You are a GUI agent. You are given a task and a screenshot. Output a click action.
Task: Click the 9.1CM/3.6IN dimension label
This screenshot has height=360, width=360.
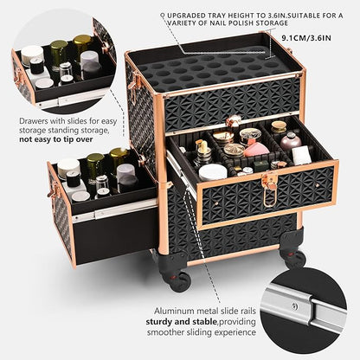[x=306, y=37]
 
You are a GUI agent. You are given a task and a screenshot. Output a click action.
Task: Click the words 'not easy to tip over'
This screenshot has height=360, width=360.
[x=56, y=139]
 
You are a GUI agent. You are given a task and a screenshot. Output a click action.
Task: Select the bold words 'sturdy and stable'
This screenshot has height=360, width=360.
[x=181, y=321]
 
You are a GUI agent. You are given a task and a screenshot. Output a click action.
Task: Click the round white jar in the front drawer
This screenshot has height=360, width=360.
[x=213, y=172]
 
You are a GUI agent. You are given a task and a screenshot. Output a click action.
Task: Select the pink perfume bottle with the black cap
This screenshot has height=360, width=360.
[x=290, y=140]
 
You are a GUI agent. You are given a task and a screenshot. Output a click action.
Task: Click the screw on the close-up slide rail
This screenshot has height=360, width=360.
[x=293, y=305]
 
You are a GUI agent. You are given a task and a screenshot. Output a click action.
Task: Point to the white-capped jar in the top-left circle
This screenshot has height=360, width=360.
[x=32, y=55]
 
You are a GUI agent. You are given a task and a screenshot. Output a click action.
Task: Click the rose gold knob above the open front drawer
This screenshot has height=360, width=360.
[x=234, y=120]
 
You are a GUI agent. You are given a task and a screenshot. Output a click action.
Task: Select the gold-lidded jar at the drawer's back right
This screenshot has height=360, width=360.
[x=279, y=127]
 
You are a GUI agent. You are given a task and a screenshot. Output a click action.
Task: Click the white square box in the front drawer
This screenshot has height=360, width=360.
[x=301, y=155]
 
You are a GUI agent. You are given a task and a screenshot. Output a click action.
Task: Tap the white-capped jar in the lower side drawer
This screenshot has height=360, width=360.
[x=68, y=168]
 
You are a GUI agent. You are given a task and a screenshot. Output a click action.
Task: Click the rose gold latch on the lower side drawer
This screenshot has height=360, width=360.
[x=54, y=192]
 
